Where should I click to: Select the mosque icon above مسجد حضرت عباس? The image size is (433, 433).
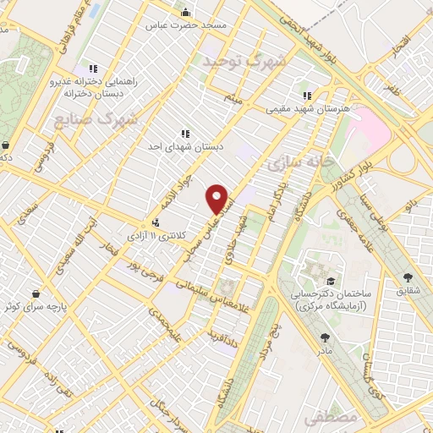(186, 12)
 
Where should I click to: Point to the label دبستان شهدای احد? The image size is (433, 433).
(184, 146)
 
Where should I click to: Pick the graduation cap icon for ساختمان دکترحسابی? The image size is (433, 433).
(334, 281)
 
